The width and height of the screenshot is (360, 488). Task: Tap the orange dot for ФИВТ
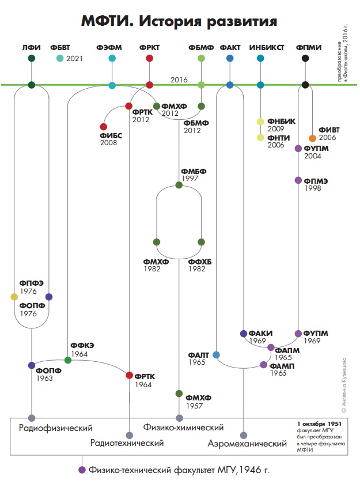click(312, 138)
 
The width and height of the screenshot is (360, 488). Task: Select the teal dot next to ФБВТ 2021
click(60, 58)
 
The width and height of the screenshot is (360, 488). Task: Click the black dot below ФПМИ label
click(305, 58)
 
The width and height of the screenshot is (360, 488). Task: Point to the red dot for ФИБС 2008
click(104, 127)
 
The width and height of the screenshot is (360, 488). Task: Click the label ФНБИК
click(282, 121)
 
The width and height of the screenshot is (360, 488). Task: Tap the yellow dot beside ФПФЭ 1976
click(14, 297)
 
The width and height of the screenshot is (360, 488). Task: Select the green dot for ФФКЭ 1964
click(68, 360)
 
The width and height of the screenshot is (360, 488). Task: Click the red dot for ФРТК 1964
click(129, 375)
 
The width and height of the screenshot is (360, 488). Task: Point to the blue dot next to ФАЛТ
click(216, 355)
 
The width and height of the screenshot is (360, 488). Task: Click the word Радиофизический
click(56, 428)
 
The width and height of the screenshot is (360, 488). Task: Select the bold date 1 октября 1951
click(317, 423)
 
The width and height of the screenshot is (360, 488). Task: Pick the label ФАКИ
click(262, 334)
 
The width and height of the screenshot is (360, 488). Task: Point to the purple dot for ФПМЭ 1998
click(298, 180)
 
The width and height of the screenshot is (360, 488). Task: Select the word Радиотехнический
click(127, 443)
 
